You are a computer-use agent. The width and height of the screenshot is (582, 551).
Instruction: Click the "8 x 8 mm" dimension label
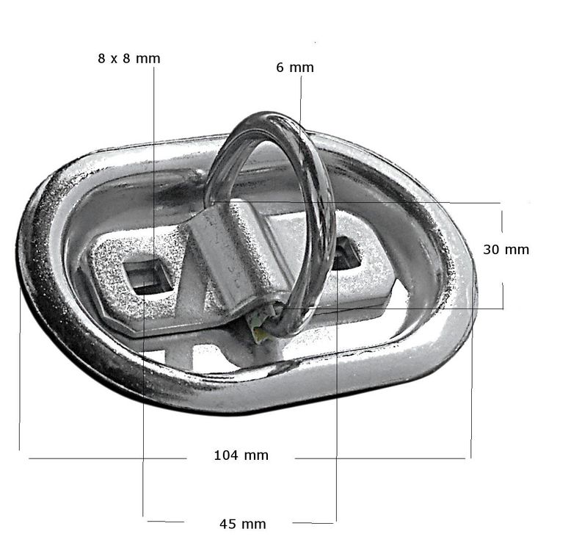(x=129, y=59)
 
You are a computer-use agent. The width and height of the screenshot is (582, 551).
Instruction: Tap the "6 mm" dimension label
(x=295, y=68)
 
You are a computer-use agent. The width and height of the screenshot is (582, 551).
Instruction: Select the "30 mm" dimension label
(x=506, y=249)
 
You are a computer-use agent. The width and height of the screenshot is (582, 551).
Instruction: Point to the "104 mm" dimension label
(x=241, y=455)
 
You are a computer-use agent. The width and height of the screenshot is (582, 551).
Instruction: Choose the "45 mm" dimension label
(x=243, y=525)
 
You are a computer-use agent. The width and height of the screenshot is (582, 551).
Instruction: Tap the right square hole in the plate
(x=345, y=256)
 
